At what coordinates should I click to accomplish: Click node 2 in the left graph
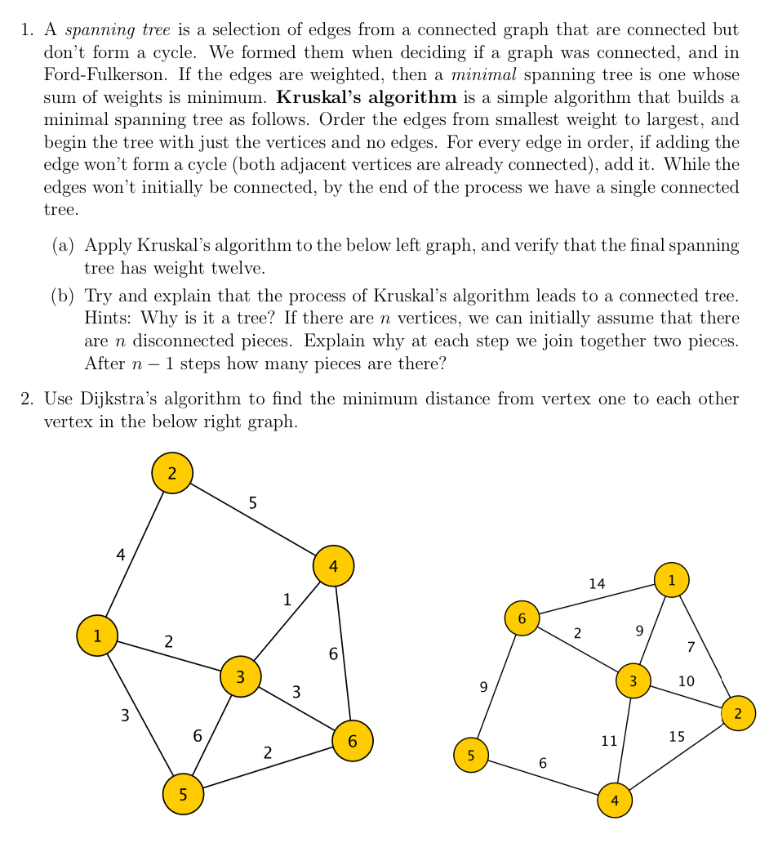click(x=171, y=473)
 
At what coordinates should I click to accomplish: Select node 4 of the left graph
click(x=332, y=565)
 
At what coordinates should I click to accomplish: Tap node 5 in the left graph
click(x=183, y=794)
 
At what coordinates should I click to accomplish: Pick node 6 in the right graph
click(x=522, y=618)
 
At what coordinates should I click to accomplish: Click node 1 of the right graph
click(x=671, y=580)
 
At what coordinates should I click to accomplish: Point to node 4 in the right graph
click(x=615, y=801)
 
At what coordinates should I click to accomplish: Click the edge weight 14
click(x=597, y=583)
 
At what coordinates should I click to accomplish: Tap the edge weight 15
click(x=677, y=737)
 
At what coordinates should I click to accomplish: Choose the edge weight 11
click(x=609, y=741)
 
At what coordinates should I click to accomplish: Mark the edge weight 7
click(x=691, y=648)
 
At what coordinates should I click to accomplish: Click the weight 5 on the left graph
click(x=253, y=503)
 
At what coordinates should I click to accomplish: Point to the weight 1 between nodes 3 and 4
click(x=287, y=600)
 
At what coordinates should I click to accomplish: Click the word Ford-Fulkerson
click(x=99, y=75)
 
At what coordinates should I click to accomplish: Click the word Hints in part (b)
click(x=104, y=317)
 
